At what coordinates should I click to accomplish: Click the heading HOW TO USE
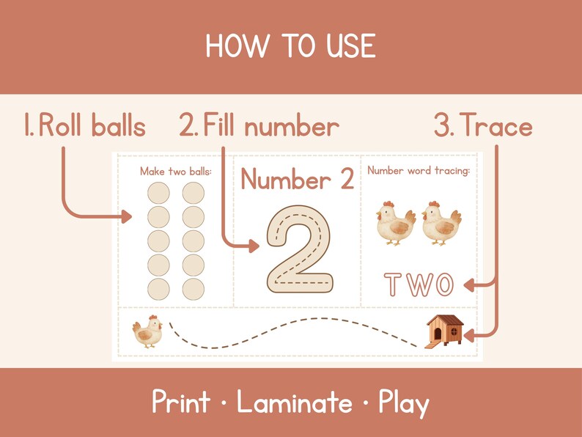coord(290,47)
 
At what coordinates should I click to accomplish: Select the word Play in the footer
coord(403,403)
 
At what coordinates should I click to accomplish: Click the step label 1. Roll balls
coord(84,127)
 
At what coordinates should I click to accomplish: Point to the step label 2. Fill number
coord(259,127)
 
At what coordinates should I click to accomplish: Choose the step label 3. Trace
coord(483,127)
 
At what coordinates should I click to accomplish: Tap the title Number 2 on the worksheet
coord(297,180)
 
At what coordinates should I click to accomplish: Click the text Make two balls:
coord(176,171)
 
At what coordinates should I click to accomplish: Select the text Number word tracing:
coord(419,171)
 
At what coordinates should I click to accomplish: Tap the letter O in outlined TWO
coord(443,284)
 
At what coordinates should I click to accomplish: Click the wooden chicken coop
coord(445,330)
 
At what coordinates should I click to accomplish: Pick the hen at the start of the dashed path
coord(147,331)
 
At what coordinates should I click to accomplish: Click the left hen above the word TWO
coord(396,223)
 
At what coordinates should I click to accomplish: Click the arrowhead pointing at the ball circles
coord(128,216)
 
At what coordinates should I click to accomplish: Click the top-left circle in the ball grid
coord(158,194)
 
